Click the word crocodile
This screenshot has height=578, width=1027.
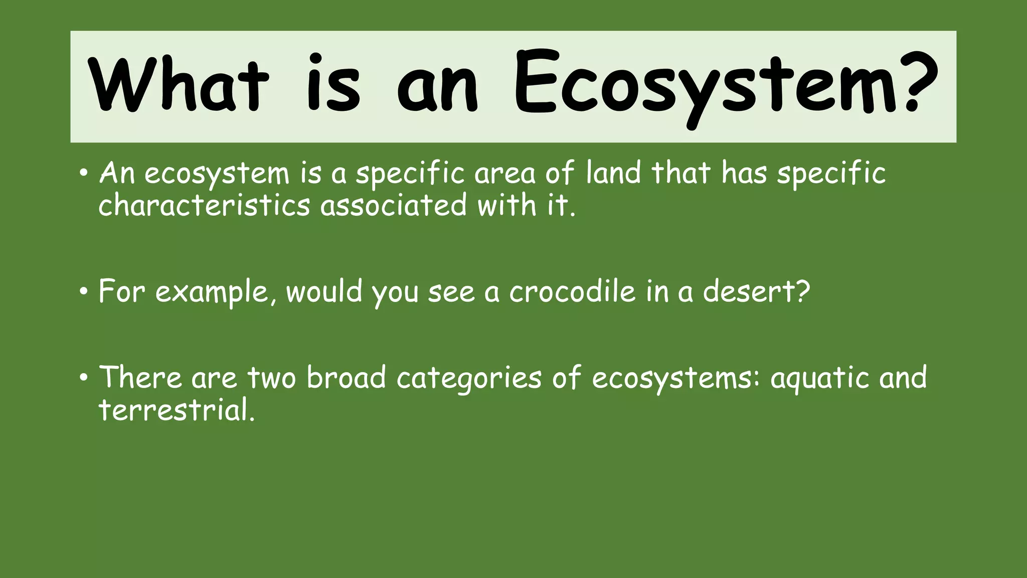[x=572, y=292]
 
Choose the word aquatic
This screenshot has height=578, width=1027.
[x=819, y=378]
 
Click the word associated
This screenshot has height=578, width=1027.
[x=393, y=206]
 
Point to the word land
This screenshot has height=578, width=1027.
[x=613, y=173]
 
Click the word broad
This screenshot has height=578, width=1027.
[x=346, y=377]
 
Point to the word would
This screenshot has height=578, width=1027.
[x=324, y=292]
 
